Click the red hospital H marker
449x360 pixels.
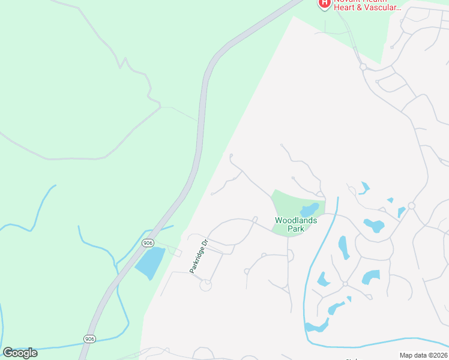pos(325,4)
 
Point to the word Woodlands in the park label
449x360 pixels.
pos(296,220)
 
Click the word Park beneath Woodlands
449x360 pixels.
pos(296,229)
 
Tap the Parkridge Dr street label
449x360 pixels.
pos(199,257)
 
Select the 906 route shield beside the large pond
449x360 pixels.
pos(148,242)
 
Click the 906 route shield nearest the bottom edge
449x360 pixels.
pos(89,338)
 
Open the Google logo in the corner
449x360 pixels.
pos(20,353)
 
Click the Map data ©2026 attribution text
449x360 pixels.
pos(423,355)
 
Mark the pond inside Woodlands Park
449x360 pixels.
pos(309,210)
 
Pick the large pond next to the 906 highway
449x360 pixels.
pos(150,263)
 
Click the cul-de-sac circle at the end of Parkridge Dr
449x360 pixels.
pos(205,286)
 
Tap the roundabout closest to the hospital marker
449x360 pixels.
pos(363,67)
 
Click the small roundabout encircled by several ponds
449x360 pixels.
pos(345,283)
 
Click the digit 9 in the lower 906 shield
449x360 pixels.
pos(86,338)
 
